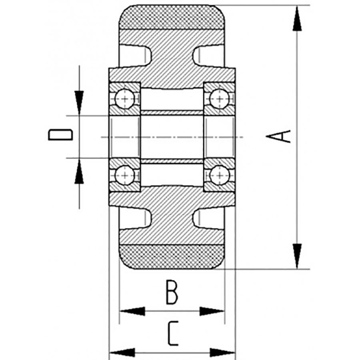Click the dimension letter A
pos(279,136)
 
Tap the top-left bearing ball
pos(124,97)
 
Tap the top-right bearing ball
pos(219,97)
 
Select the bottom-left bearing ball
pos(124,174)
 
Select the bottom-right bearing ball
pos(219,174)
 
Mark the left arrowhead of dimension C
pos(122,353)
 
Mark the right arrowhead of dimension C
pos(222,353)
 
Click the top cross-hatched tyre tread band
pos(172,17)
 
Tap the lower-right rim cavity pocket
pos(208,218)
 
